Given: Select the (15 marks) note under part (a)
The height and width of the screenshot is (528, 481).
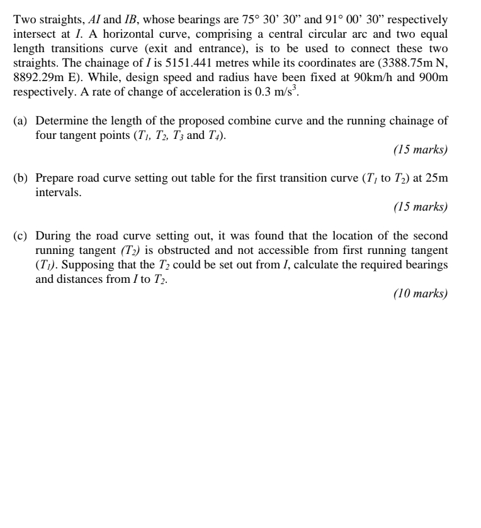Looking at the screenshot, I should tap(420, 150).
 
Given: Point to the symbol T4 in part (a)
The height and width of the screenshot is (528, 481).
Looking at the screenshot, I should tap(214, 135).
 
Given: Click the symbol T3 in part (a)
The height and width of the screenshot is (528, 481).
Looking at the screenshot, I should tap(178, 135).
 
